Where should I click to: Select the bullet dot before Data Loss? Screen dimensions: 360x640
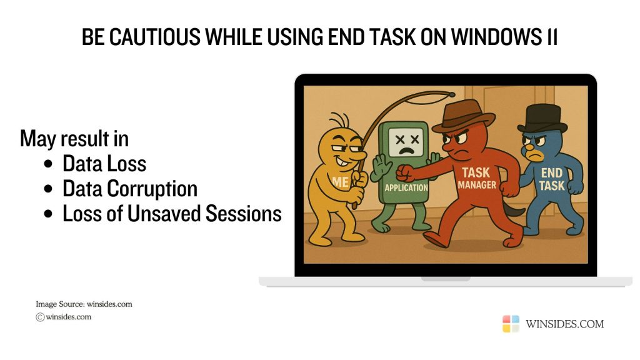[49, 164]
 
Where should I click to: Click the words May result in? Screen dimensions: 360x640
[79, 138]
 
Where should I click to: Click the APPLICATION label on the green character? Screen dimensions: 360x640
[406, 187]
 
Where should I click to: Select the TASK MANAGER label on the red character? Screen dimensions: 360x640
[477, 177]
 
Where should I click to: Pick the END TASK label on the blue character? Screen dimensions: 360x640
[552, 179]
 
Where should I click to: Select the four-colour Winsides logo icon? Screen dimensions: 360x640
[511, 324]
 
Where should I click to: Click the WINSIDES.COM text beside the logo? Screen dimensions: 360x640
[565, 324]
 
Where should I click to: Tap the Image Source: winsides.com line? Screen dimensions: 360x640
[84, 304]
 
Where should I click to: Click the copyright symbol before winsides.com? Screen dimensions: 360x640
[40, 317]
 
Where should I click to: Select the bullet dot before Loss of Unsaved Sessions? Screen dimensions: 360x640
[49, 214]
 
